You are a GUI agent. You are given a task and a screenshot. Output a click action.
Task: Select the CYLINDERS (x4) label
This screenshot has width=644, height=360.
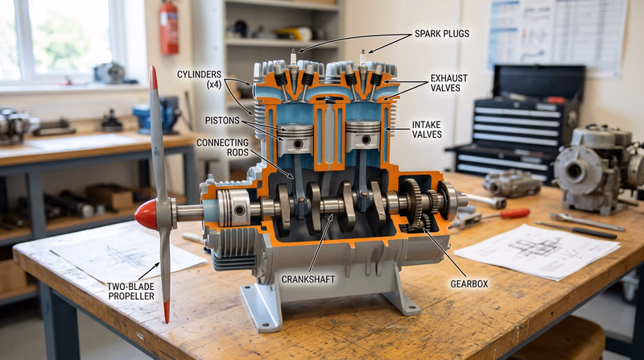click(x=201, y=79)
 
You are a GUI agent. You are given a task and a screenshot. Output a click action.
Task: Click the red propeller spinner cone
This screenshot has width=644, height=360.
click(x=148, y=214)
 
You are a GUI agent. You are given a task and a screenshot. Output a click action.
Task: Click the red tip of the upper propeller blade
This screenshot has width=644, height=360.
click(x=154, y=79)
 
